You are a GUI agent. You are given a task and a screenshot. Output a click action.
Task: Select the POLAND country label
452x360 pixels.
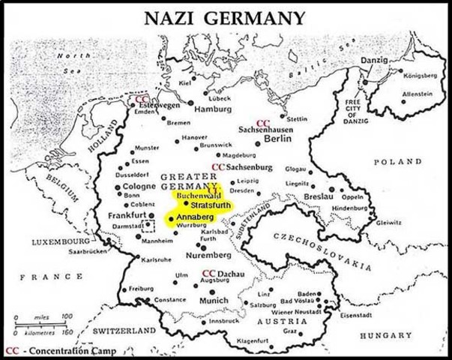click(x=400, y=161)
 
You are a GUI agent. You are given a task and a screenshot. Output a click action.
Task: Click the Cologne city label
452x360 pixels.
click(x=139, y=186)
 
